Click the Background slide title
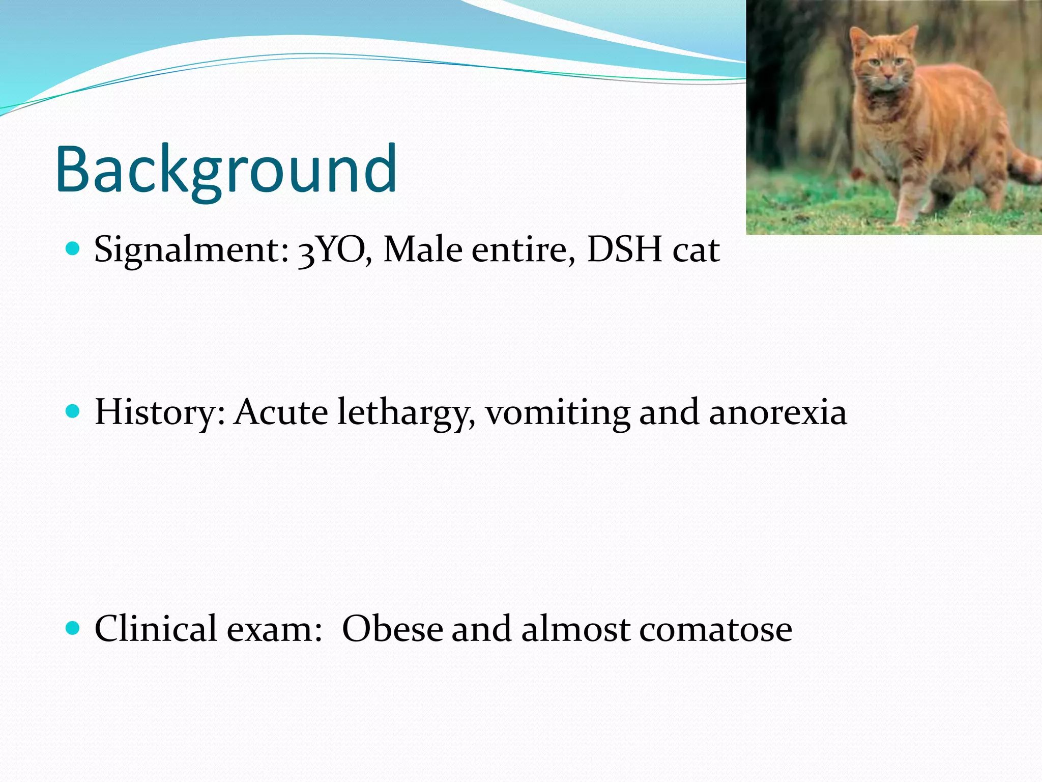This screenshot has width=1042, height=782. click(226, 170)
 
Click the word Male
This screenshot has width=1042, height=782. click(422, 250)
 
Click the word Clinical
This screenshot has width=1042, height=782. click(155, 628)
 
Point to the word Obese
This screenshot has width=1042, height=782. click(392, 628)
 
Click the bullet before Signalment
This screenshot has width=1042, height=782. click(73, 249)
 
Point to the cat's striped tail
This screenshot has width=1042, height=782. click(1023, 165)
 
